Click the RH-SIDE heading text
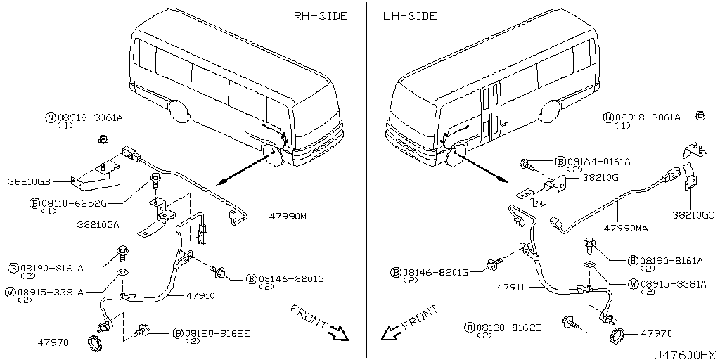(320, 16)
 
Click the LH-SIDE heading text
(410, 15)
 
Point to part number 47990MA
(628, 229)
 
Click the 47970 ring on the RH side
(93, 344)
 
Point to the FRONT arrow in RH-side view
(339, 333)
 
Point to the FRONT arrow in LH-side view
(389, 331)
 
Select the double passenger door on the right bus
(490, 112)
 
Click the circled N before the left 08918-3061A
(51, 118)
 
